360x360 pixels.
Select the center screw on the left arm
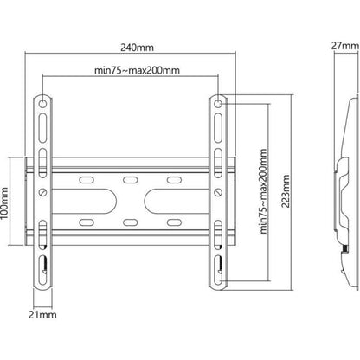pos(43,191)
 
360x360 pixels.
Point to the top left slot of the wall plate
pos(88,180)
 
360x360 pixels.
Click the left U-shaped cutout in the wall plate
pos(95,193)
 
